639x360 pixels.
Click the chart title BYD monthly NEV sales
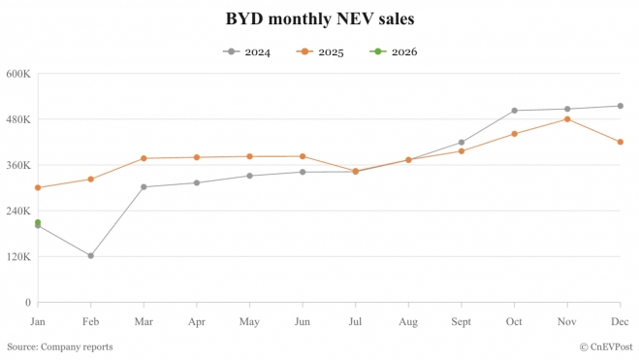(319, 18)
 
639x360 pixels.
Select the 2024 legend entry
(249, 51)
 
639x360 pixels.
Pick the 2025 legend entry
(321, 51)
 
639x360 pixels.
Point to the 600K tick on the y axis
(18, 74)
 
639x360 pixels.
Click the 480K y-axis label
(18, 119)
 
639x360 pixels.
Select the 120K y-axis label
(18, 257)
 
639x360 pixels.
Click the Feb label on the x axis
(90, 320)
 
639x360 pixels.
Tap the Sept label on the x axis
(461, 320)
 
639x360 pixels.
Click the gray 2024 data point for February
(90, 256)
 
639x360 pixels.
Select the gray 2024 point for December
(620, 106)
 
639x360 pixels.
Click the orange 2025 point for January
(38, 188)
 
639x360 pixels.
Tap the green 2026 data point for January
(38, 222)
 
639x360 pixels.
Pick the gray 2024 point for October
(514, 111)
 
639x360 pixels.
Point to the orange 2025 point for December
(620, 142)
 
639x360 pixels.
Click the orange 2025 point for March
(144, 158)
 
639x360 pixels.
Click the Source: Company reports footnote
(60, 346)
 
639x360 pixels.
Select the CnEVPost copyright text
(606, 346)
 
